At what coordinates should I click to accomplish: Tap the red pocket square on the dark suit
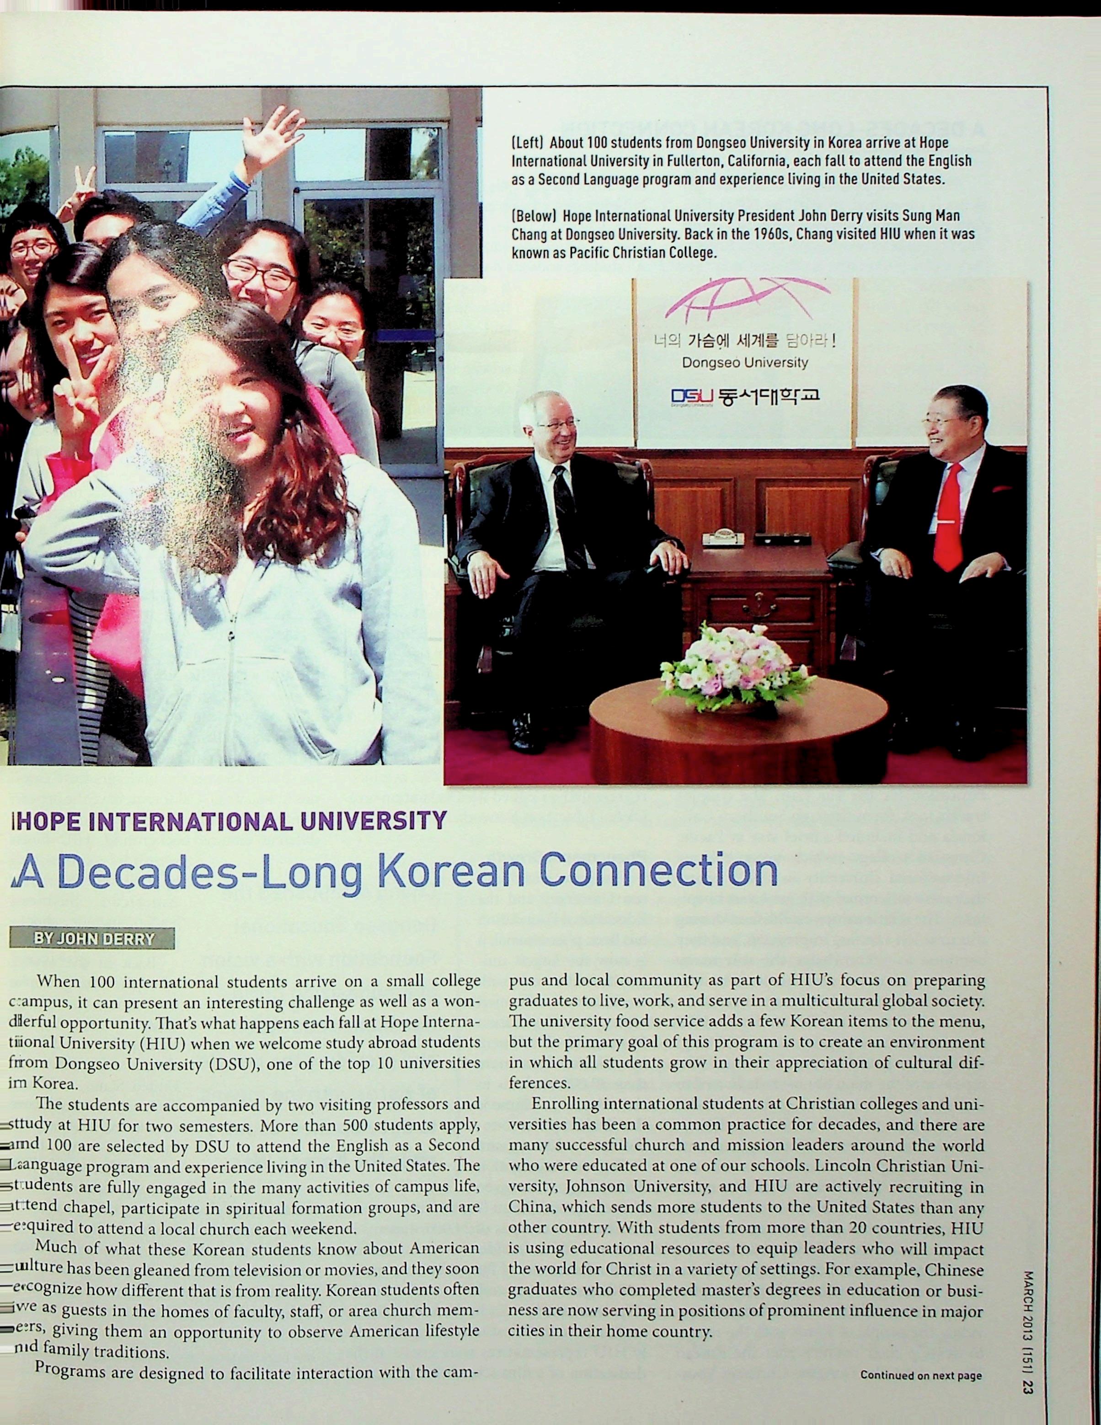1002,489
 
